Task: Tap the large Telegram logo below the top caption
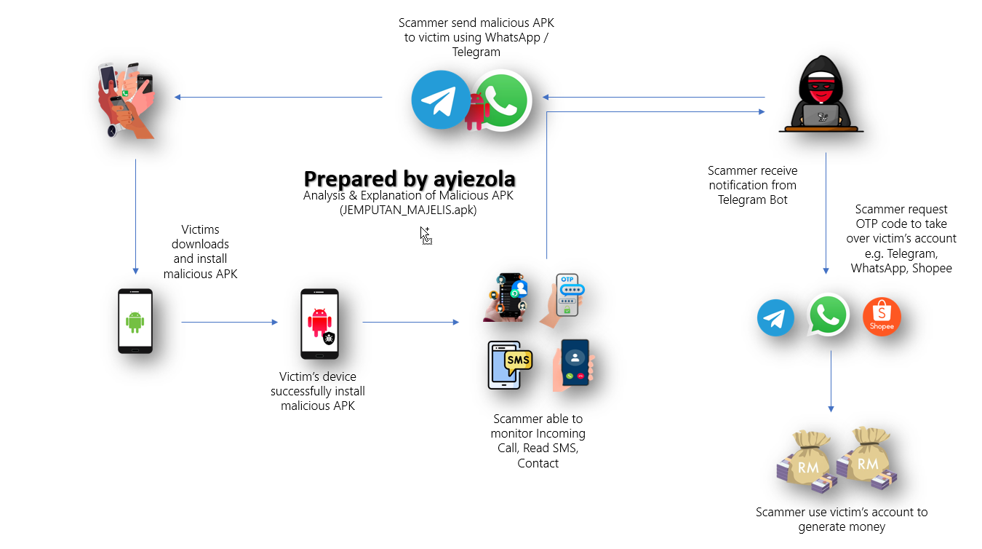point(441,100)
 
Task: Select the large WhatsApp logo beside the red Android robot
point(502,100)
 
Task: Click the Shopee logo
point(882,318)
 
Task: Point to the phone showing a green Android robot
point(135,321)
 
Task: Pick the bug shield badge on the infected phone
point(329,338)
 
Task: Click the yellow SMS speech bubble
point(518,361)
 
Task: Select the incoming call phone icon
point(574,364)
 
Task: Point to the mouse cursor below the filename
point(426,235)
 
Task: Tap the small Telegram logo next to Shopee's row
point(775,319)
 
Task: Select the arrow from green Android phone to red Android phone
point(229,322)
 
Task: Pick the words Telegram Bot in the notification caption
point(752,200)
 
